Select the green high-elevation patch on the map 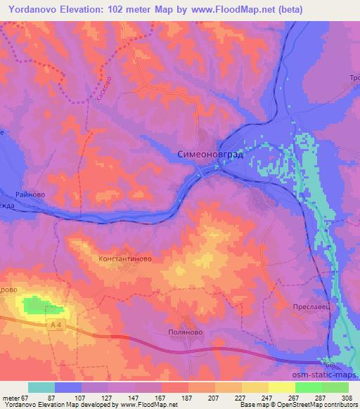pos(41,305)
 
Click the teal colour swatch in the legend pos(41,387)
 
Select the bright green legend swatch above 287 pos(309,387)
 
